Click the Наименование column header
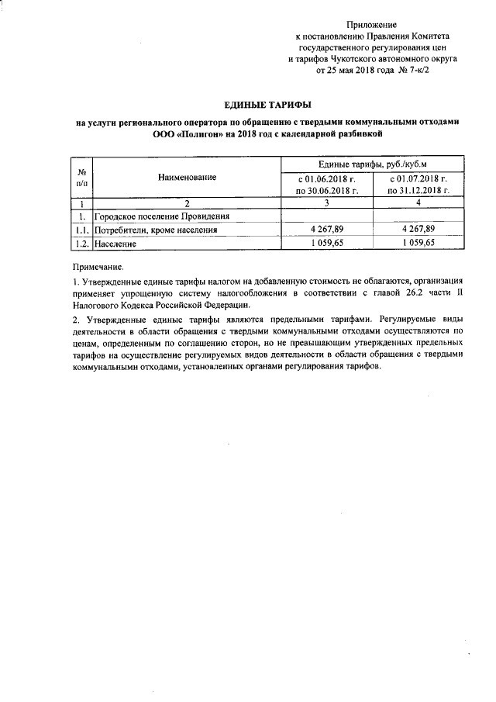(x=187, y=178)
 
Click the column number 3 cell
(x=327, y=202)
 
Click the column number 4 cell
(x=418, y=202)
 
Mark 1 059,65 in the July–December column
(x=418, y=244)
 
